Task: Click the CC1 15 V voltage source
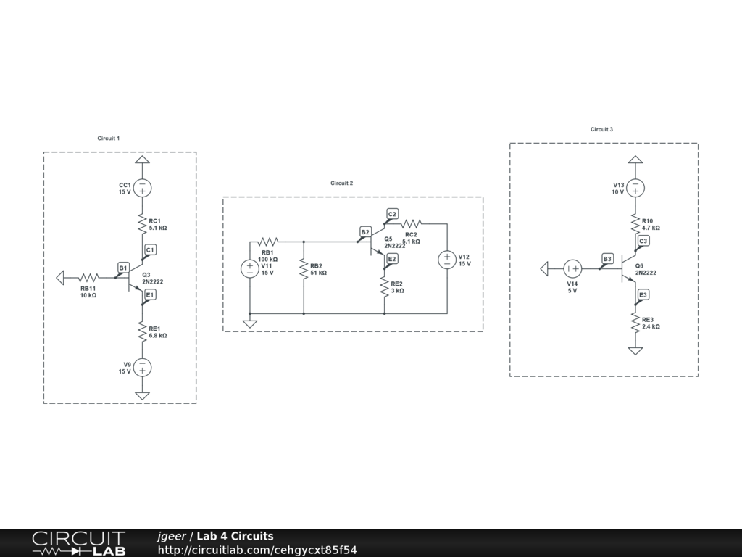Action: tap(143, 188)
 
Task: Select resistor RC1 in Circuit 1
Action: tap(143, 224)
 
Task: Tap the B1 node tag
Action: tap(123, 268)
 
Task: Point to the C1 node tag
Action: tap(150, 250)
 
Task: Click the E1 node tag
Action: tap(150, 294)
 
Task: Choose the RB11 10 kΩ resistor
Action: tap(88, 277)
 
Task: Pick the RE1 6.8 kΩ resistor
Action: tap(143, 332)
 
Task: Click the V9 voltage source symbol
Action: tap(143, 368)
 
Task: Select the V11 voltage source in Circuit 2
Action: tap(249, 268)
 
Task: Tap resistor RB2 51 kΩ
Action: tap(304, 268)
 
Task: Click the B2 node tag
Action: tap(365, 232)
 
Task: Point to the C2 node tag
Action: tap(392, 214)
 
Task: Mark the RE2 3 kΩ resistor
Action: tap(384, 287)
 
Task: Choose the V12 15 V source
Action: tap(447, 260)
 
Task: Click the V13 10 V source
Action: tap(635, 188)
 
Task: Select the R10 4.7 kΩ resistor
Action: tap(635, 223)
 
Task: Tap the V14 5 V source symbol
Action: tap(572, 269)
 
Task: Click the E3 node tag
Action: tap(643, 294)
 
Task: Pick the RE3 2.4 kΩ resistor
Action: tap(635, 323)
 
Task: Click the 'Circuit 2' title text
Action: tap(342, 183)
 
